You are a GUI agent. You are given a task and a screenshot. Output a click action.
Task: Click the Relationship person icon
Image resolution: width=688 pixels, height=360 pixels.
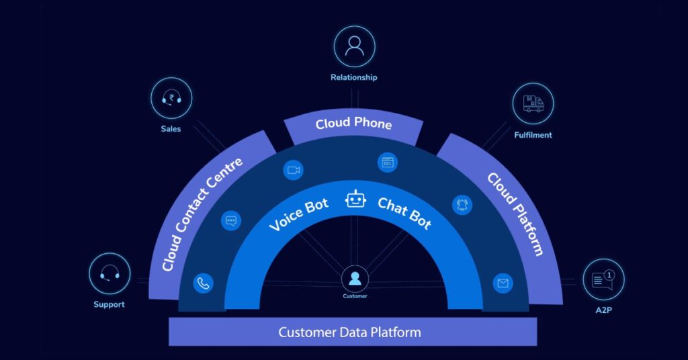pos(354,46)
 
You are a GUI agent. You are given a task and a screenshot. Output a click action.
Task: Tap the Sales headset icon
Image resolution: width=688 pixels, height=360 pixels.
pos(171,99)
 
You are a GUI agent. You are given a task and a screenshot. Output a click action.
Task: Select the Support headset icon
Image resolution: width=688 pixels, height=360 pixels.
pos(110,273)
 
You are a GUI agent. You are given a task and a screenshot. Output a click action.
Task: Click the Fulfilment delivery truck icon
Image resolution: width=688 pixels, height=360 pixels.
pos(533,103)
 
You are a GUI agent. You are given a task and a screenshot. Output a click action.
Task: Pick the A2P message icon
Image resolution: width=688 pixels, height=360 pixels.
pos(603,279)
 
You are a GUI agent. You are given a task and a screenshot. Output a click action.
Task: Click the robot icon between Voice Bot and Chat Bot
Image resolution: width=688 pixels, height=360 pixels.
pos(355,199)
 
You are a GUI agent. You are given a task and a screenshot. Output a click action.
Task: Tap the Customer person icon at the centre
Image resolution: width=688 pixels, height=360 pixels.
pos(355,278)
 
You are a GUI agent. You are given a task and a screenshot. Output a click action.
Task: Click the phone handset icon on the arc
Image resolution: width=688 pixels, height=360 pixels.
pos(203,283)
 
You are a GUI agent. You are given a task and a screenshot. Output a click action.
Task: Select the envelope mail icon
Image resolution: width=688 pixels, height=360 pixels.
pos(503,283)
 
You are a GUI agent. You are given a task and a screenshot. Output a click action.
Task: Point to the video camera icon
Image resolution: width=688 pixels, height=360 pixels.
pos(293,170)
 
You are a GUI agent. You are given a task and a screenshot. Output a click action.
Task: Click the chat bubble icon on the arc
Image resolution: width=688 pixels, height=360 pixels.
pos(231,220)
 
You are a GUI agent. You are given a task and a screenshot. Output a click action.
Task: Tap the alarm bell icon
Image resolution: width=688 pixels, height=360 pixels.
pos(463,205)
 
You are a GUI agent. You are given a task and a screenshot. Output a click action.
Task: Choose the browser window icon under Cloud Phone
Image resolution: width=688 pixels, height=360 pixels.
pos(387,162)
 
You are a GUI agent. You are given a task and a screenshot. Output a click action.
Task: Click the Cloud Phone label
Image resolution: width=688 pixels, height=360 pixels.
pos(353,124)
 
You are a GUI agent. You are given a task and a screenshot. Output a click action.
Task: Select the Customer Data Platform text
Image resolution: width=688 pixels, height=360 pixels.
pos(349,332)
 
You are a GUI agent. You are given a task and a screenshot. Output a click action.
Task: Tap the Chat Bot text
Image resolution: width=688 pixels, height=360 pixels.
pos(404,213)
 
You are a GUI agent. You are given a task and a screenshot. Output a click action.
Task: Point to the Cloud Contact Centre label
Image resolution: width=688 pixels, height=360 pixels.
pos(202,214)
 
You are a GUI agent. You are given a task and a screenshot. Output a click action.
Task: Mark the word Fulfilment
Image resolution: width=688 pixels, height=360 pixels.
pos(533,135)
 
